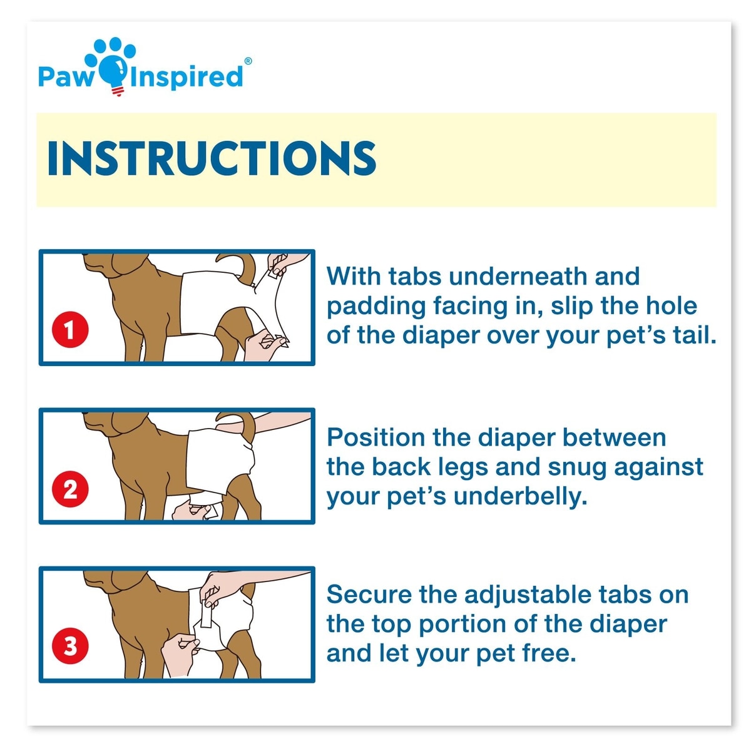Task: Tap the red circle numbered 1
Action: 70,329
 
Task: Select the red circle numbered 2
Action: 70,489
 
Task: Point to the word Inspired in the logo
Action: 186,77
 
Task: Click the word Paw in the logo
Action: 66,76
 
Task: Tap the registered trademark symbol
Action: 248,61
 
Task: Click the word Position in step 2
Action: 375,437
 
